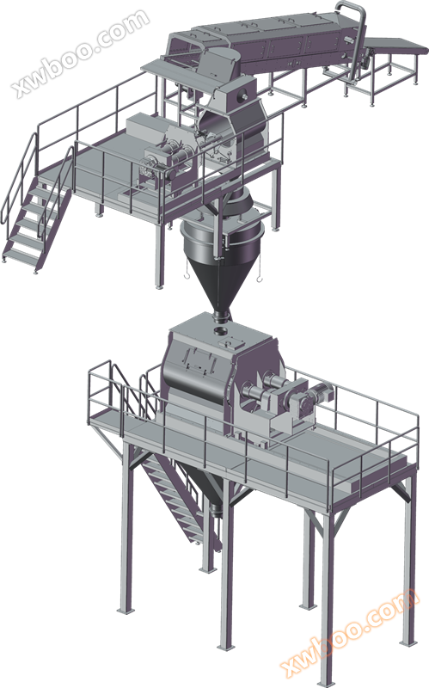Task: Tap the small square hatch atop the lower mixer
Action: [228, 341]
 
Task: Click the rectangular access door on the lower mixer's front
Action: [199, 358]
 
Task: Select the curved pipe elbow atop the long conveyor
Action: [353, 11]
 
